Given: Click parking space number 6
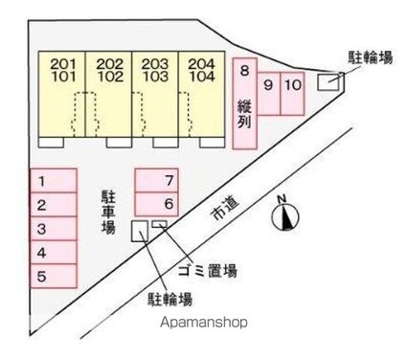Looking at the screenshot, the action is [x=157, y=203].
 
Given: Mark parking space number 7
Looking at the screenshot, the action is [x=157, y=180].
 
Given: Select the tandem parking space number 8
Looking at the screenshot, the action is [x=245, y=103].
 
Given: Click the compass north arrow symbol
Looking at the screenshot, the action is [x=283, y=217].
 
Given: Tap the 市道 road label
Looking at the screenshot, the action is [x=226, y=210].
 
